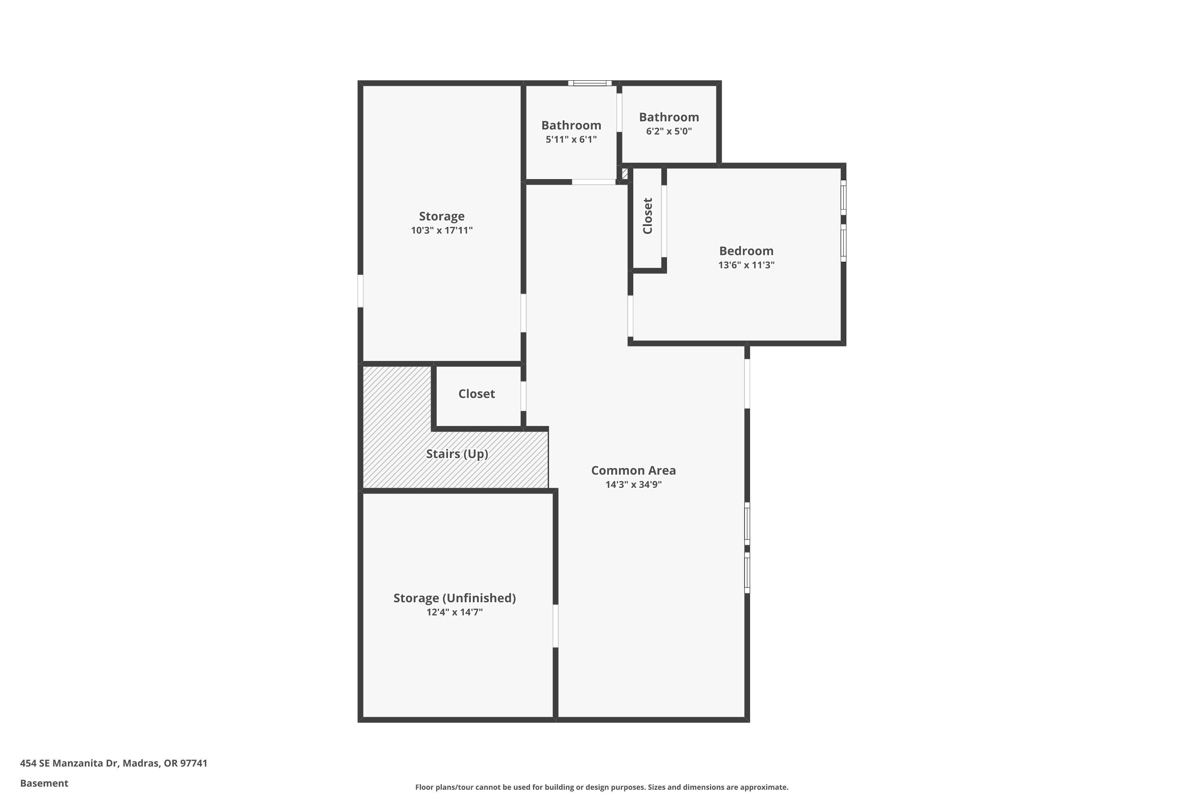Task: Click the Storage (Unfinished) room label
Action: click(454, 598)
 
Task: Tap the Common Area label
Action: click(633, 470)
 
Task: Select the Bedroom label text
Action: click(746, 251)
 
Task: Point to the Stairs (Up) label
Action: click(457, 454)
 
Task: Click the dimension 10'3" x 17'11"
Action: click(441, 230)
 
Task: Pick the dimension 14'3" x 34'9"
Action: click(633, 485)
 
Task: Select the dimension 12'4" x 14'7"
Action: click(454, 612)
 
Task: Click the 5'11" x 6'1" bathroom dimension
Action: click(571, 139)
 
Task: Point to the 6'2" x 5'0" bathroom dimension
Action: click(669, 131)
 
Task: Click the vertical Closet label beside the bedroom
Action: click(648, 216)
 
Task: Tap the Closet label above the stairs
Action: click(476, 394)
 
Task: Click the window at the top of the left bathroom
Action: click(590, 83)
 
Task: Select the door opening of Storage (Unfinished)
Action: click(555, 626)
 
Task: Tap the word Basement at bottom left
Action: click(44, 783)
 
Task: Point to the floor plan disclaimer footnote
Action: click(602, 787)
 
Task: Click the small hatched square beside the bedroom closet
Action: click(624, 173)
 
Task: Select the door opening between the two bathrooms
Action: click(619, 113)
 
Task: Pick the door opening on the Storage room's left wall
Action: click(360, 291)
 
